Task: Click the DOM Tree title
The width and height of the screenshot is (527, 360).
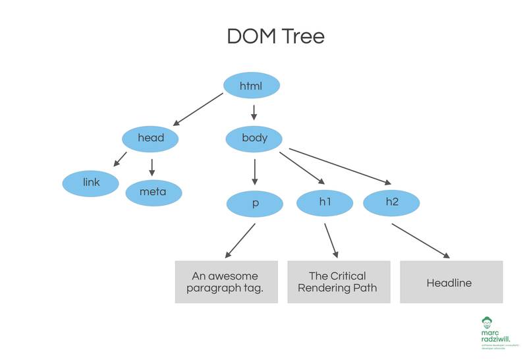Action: [275, 36]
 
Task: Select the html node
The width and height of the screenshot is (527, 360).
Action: [252, 86]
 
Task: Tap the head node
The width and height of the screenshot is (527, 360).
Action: [150, 138]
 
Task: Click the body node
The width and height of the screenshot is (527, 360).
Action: [254, 138]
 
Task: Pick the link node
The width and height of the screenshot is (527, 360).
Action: [91, 183]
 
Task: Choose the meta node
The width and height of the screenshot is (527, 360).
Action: [153, 192]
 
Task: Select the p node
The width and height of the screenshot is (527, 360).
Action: [254, 203]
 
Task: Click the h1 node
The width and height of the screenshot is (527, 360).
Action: [325, 202]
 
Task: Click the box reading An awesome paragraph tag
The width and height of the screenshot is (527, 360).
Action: [225, 282]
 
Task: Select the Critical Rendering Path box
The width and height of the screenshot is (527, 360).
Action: [337, 282]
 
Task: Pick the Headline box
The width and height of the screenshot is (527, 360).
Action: [451, 282]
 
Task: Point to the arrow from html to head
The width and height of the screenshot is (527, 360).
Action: [199, 109]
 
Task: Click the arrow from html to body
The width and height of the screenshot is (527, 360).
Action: [254, 112]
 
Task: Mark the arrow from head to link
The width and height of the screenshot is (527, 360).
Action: [120, 159]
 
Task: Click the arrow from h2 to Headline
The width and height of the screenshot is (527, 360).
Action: [422, 241]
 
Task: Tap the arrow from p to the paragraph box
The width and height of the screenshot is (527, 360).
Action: [240, 241]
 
